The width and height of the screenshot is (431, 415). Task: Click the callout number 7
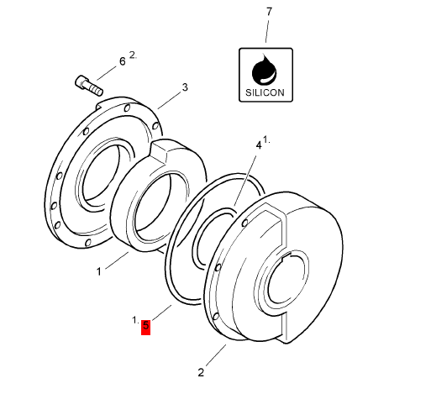pos(269,12)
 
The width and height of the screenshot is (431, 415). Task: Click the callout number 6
pos(122,61)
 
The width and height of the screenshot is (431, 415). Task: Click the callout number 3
pos(185,87)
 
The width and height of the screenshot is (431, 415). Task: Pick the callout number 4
pos(259,145)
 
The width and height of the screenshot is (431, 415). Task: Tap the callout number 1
pos(98,271)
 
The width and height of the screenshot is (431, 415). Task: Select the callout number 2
pos(201,371)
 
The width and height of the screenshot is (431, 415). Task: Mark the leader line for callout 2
pos(215,355)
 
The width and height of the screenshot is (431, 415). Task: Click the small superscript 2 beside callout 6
pos(132,55)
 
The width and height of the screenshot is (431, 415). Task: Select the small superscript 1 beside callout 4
pos(267,139)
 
